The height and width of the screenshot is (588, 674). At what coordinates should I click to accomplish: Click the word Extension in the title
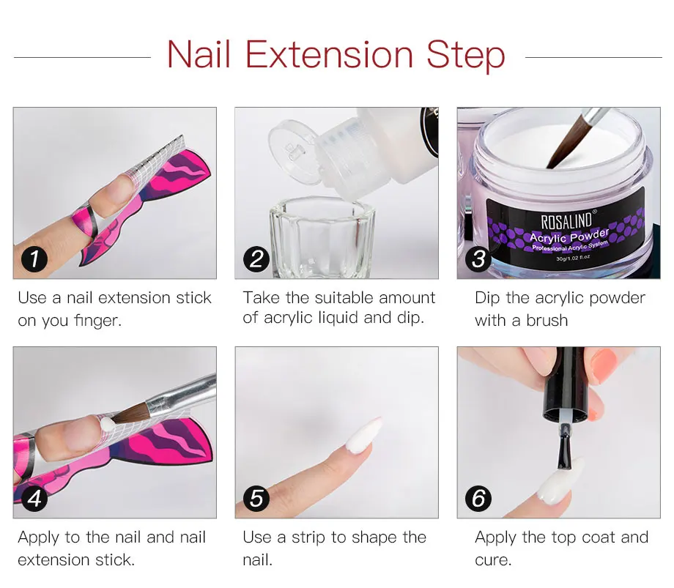coord(329,54)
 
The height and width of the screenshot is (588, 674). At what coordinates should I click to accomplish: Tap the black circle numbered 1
coord(34,258)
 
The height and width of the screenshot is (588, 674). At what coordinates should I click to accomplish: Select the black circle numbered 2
coord(256,259)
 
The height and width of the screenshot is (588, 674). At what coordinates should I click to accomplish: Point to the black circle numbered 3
coord(478,259)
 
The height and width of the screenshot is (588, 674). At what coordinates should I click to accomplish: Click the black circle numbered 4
coord(34,498)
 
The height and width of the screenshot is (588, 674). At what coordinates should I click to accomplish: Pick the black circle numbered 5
coord(256,498)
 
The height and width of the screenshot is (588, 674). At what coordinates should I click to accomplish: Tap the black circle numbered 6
coord(478,498)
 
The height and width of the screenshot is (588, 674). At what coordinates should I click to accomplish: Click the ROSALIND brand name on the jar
coord(567,220)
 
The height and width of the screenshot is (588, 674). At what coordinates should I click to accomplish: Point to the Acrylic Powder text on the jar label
coord(569,236)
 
